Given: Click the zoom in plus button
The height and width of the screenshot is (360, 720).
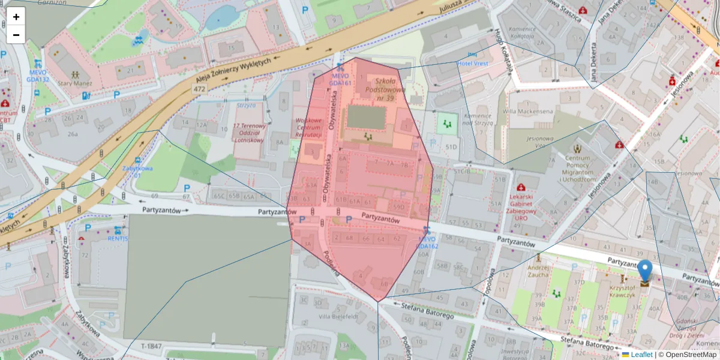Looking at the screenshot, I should click(x=16, y=17).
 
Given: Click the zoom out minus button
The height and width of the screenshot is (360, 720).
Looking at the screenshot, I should click(x=16, y=35).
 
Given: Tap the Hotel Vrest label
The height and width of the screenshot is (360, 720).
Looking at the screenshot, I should click(x=473, y=64).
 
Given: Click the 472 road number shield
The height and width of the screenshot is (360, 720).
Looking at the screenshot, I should click(x=199, y=89).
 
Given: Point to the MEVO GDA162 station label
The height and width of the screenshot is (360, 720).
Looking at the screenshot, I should click(x=428, y=243).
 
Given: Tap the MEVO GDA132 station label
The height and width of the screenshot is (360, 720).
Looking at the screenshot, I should click(x=38, y=76).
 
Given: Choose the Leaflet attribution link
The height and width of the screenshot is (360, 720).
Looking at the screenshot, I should click(x=641, y=355).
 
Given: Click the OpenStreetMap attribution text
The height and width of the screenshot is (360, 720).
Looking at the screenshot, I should click(x=690, y=355).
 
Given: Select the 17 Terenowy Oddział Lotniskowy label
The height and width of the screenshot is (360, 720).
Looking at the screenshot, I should click(x=248, y=133).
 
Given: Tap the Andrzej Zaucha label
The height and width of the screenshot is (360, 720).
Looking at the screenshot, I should click(x=538, y=271).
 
